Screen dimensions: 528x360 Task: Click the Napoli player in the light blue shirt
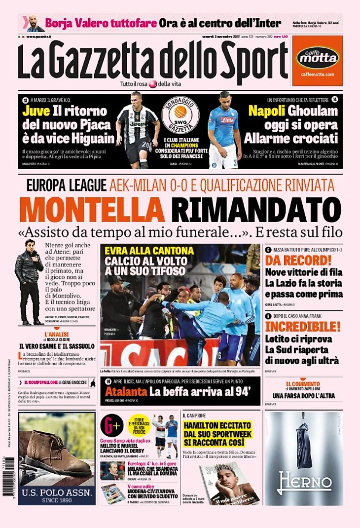coord(224,129)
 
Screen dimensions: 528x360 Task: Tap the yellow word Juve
coord(36,111)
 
